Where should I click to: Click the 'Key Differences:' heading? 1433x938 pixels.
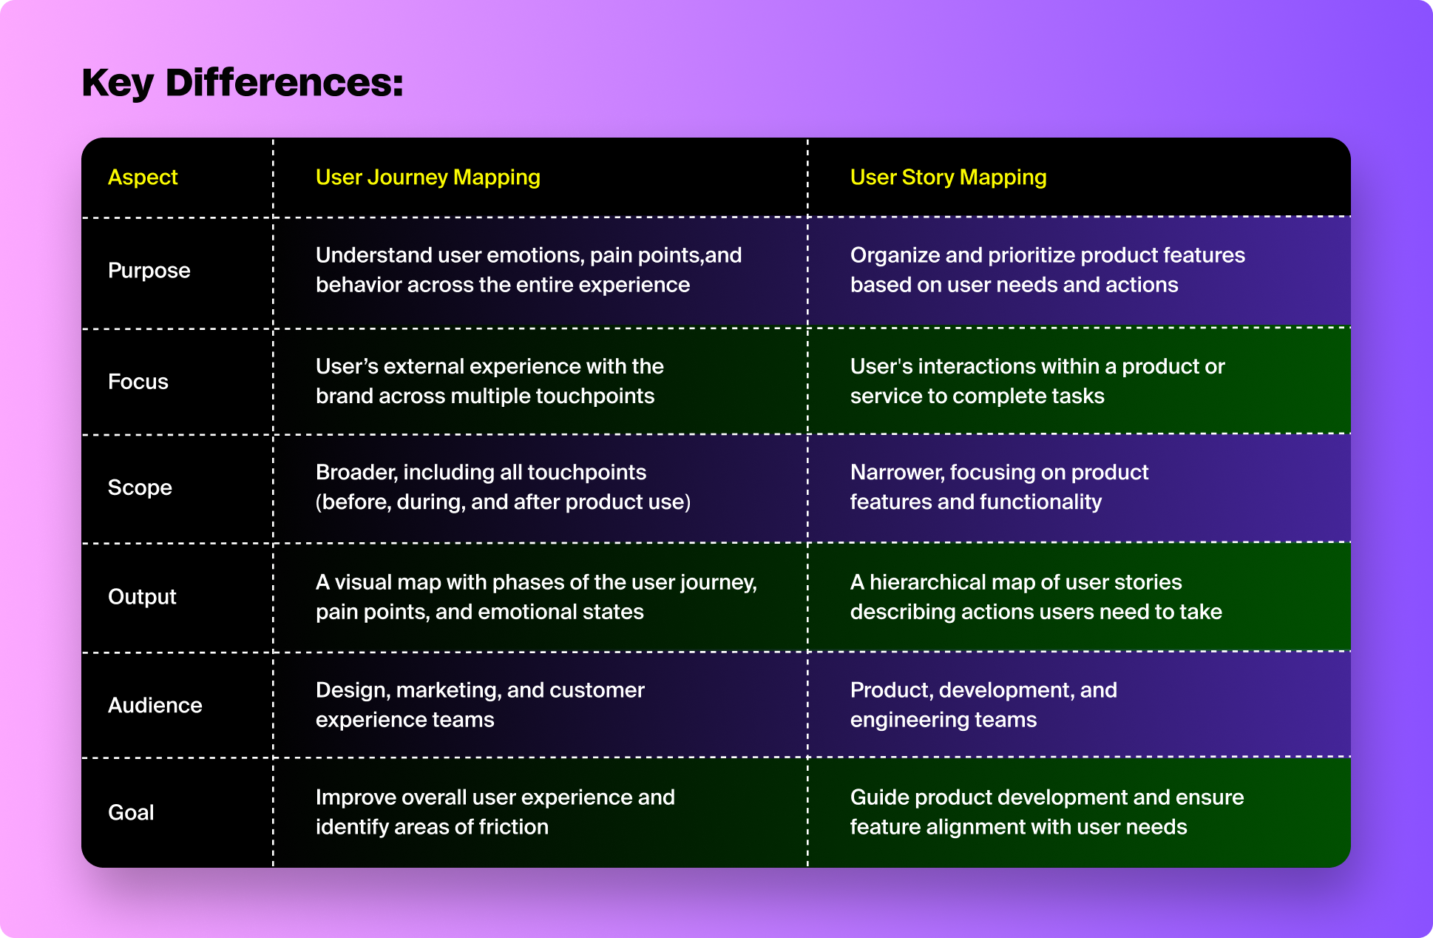(x=243, y=83)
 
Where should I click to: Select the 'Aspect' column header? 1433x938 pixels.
(x=143, y=178)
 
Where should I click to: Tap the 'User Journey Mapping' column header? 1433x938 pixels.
(x=428, y=178)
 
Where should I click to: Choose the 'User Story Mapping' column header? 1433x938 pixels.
(x=949, y=178)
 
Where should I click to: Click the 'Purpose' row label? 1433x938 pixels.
(x=149, y=271)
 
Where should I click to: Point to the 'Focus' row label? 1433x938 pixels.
(x=138, y=382)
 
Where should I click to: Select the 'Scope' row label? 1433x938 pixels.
(x=140, y=487)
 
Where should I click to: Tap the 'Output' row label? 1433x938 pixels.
(x=142, y=597)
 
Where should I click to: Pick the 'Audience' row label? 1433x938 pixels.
(x=155, y=705)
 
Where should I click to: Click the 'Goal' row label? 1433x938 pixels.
(x=131, y=812)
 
